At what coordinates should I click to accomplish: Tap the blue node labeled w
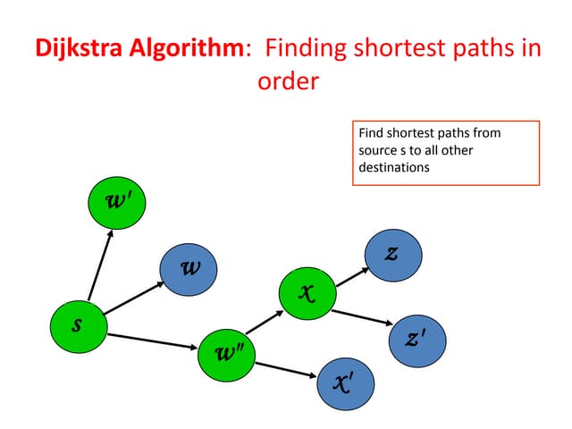click(x=189, y=267)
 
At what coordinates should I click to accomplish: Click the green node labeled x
click(x=307, y=291)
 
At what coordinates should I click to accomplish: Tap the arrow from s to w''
click(x=152, y=340)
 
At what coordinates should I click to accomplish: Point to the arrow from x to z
click(x=349, y=274)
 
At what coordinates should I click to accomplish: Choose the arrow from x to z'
click(x=361, y=317)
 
